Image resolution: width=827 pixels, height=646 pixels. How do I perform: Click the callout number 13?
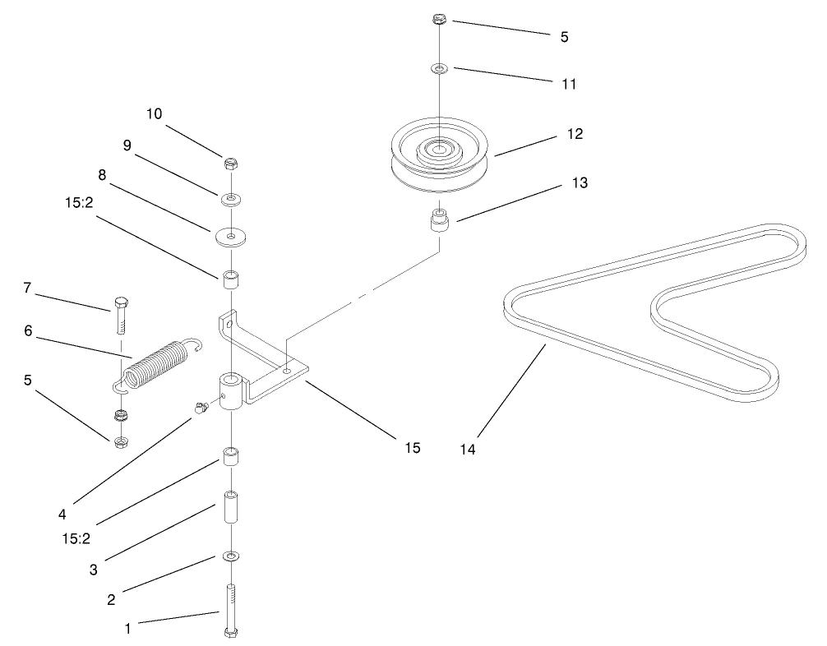coord(580,182)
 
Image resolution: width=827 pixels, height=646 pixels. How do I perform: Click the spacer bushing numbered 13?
coord(440,221)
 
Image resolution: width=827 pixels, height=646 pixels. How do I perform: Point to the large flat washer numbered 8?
coord(231,237)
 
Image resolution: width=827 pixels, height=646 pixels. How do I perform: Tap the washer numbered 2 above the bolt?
coord(231,557)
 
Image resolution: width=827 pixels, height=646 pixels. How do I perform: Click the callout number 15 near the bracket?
coord(412,447)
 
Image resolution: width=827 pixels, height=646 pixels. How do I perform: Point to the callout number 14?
coord(468,449)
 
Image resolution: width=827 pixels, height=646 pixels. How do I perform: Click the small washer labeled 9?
coord(231,198)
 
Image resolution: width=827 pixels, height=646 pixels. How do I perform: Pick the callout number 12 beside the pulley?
coord(575,133)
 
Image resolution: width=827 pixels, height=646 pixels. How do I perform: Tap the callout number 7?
coord(27,288)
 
